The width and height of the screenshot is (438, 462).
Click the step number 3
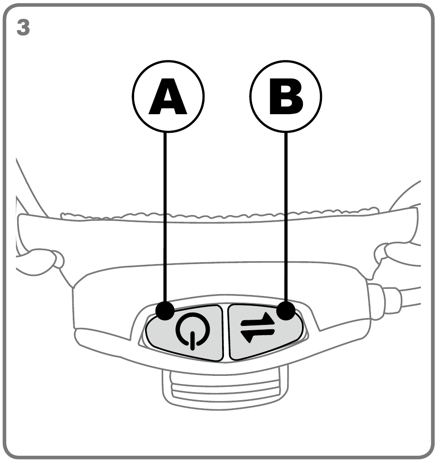[x=23, y=28]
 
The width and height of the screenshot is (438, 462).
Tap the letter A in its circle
[x=168, y=97]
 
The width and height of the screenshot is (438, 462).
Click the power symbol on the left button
[x=193, y=331]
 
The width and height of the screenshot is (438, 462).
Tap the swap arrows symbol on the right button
[x=258, y=327]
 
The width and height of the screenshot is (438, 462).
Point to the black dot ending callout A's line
[x=165, y=311]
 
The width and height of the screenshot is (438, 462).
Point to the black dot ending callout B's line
[x=286, y=310]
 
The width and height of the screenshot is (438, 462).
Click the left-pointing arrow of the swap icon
[x=258, y=335]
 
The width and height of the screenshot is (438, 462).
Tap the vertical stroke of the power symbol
[x=193, y=341]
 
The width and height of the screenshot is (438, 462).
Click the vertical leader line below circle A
[x=165, y=216]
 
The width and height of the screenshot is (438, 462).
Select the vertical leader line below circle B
[x=286, y=216]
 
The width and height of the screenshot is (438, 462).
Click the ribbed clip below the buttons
[x=225, y=389]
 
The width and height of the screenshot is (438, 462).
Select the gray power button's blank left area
[x=161, y=332]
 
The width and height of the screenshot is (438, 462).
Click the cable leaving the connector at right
[x=411, y=297]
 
